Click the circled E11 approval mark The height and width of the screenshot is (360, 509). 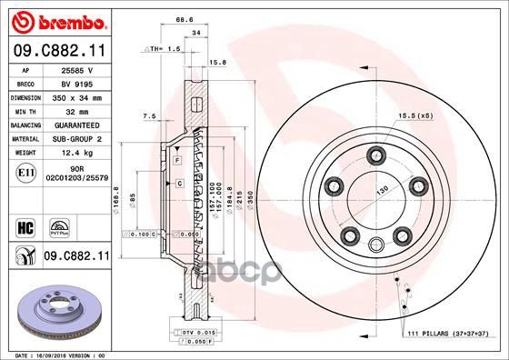[x=27, y=170]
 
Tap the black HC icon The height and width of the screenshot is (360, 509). [x=25, y=225]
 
